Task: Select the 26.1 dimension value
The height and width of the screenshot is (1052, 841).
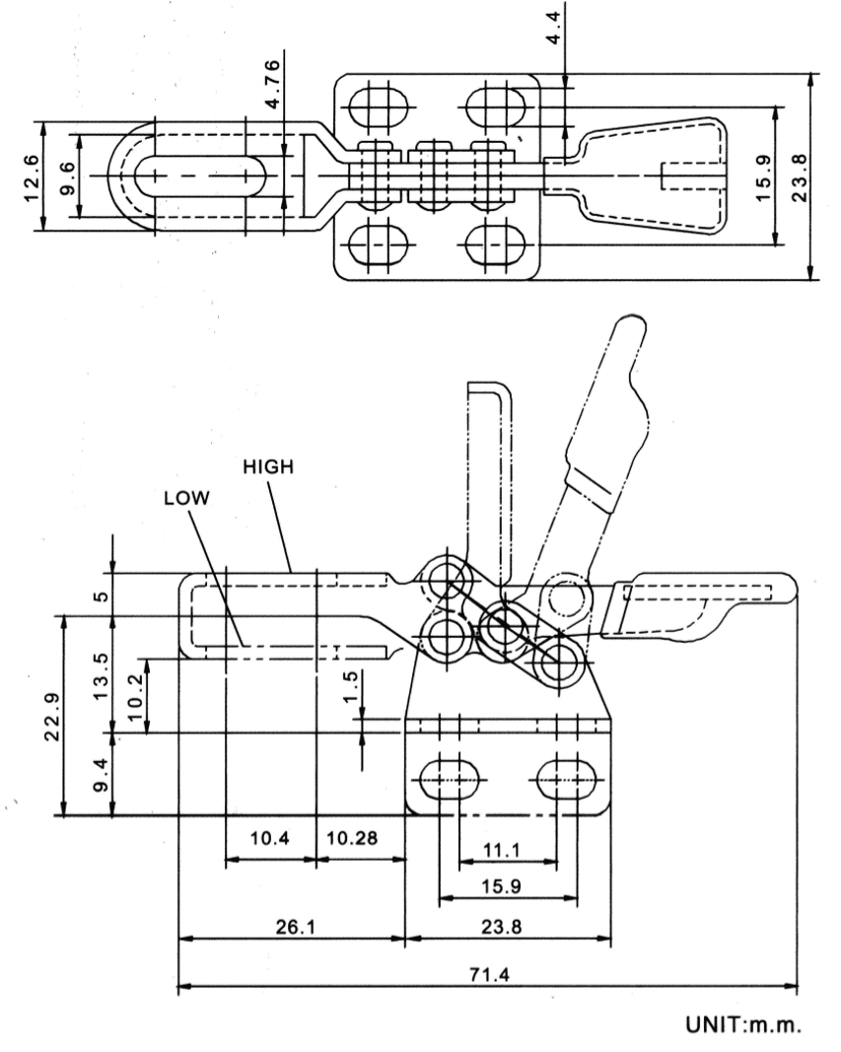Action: (292, 928)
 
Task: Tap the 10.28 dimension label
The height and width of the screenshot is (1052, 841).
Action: (352, 839)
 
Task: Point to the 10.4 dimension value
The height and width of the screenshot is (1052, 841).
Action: (269, 839)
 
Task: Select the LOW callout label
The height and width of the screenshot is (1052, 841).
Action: (187, 499)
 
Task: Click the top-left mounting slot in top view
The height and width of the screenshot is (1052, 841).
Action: (371, 105)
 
